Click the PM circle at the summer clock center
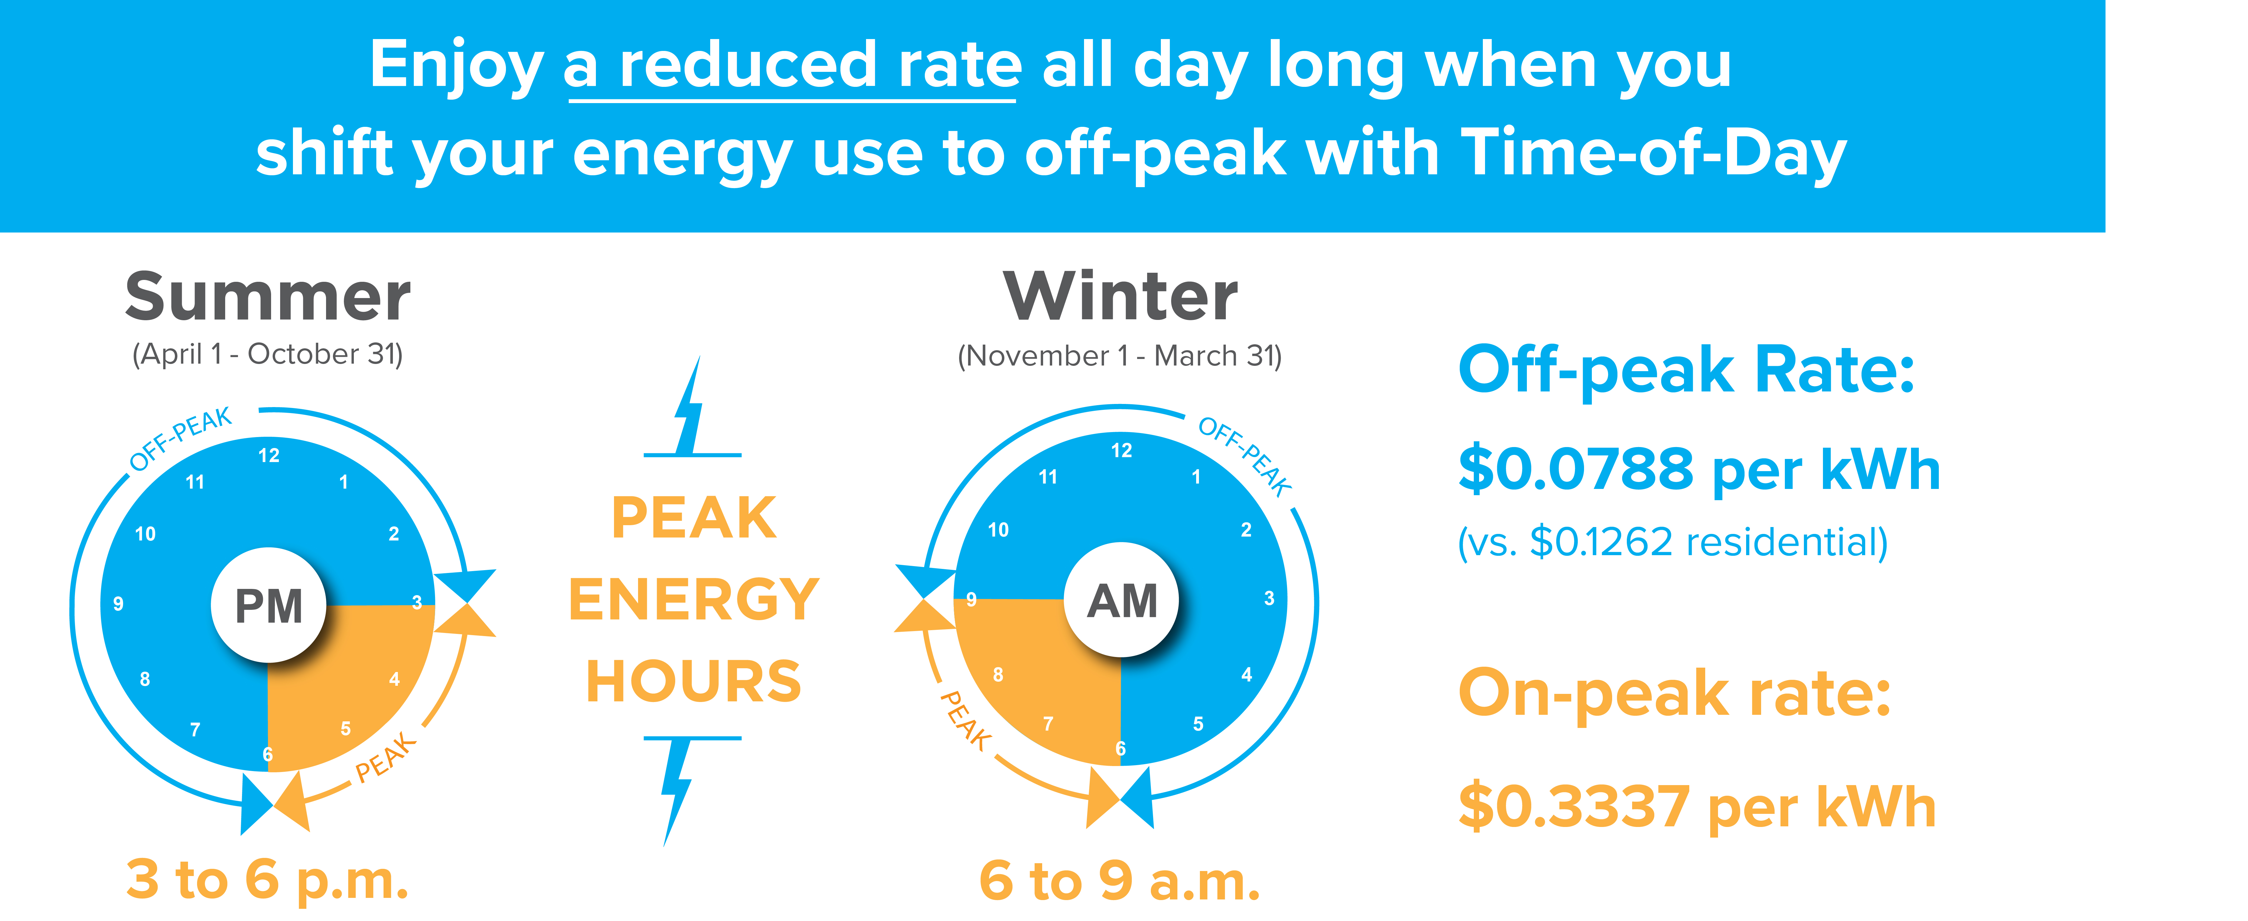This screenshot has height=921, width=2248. point(269,605)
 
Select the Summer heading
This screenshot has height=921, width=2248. point(268,297)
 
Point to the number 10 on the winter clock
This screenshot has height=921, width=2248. point(998,530)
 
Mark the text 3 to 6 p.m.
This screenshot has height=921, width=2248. point(267,880)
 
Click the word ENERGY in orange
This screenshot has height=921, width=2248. point(694,600)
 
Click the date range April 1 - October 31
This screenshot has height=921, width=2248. point(268,354)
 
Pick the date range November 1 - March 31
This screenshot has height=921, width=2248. point(1120,356)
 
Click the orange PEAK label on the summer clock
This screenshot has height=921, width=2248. point(386,757)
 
